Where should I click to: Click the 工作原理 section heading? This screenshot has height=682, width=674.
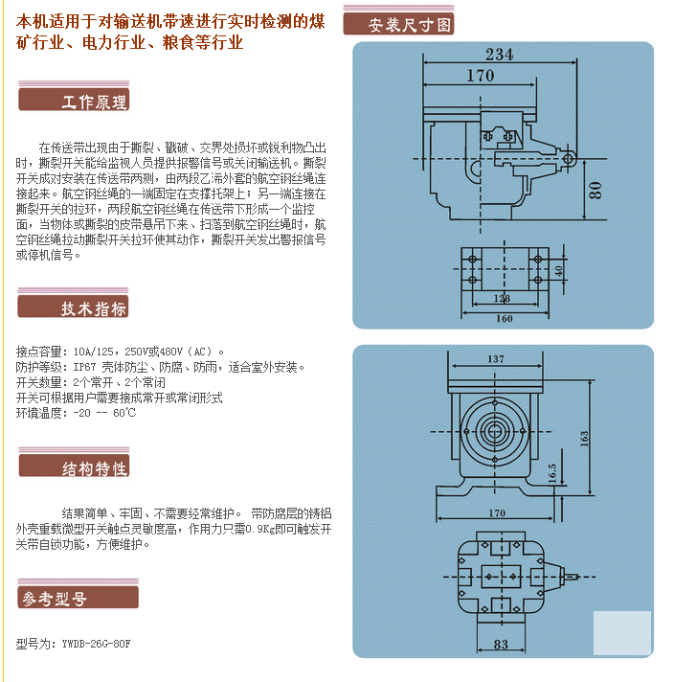pos(94,102)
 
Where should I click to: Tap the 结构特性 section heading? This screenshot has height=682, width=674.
pos(94,468)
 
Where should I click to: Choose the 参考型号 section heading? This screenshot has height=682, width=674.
pos(55,599)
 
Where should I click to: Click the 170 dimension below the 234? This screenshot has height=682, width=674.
pos(480,76)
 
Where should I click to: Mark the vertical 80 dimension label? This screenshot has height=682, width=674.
pos(596,189)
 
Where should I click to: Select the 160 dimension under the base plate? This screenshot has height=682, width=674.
pos(503,318)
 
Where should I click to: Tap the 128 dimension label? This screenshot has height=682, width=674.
pos(502,299)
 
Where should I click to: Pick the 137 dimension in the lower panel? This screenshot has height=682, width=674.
pos(495,360)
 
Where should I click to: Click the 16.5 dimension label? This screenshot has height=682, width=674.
pos(552,473)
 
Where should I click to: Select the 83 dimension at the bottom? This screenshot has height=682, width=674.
pos(501,645)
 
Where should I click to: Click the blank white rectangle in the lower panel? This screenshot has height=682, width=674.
pos(621,632)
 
